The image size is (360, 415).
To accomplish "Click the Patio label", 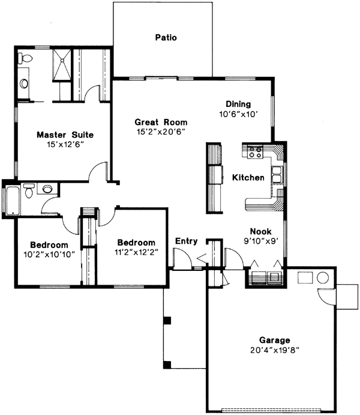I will coord(166,37).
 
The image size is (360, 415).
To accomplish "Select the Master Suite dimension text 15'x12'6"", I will coord(64,144).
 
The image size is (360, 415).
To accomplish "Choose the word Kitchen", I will coord(248,178).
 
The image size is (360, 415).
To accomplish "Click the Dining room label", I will coord(238,103).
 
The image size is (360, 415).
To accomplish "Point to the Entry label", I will coord(186,241).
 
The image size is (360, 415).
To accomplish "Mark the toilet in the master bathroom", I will coord(25,59).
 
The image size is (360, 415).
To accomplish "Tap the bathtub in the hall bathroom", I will coord(13,201).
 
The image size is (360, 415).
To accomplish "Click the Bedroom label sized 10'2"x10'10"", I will coord(49,244).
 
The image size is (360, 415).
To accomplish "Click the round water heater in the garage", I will coord(322,278).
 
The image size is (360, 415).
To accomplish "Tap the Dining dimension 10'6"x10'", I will coord(238,114).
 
